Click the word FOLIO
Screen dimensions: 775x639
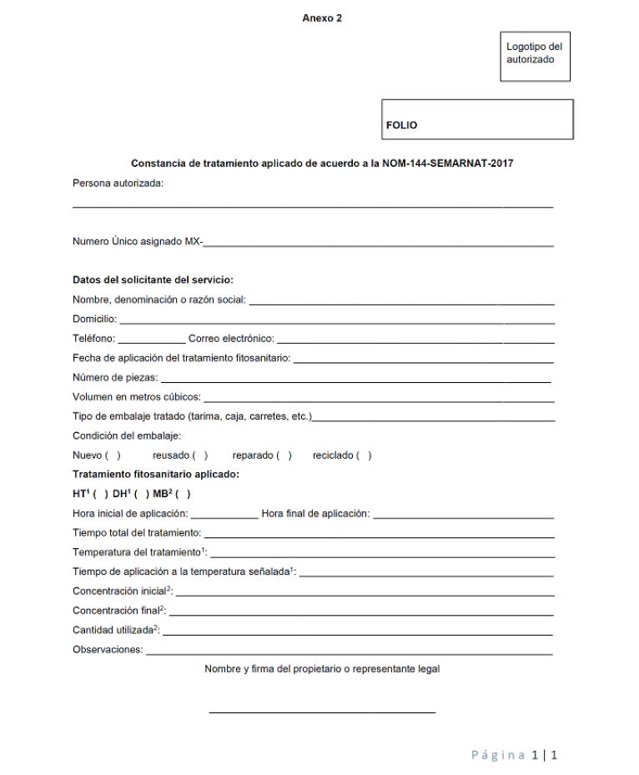coord(402,126)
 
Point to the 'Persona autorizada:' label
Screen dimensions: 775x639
coord(118,184)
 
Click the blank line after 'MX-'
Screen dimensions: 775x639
coord(380,244)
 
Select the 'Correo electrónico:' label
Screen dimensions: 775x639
coord(231,340)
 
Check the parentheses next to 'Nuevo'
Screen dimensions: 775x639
coord(113,455)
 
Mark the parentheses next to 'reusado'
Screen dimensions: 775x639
coord(199,455)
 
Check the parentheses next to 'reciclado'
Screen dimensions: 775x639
coord(364,455)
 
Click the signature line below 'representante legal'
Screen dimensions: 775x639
coord(322,712)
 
